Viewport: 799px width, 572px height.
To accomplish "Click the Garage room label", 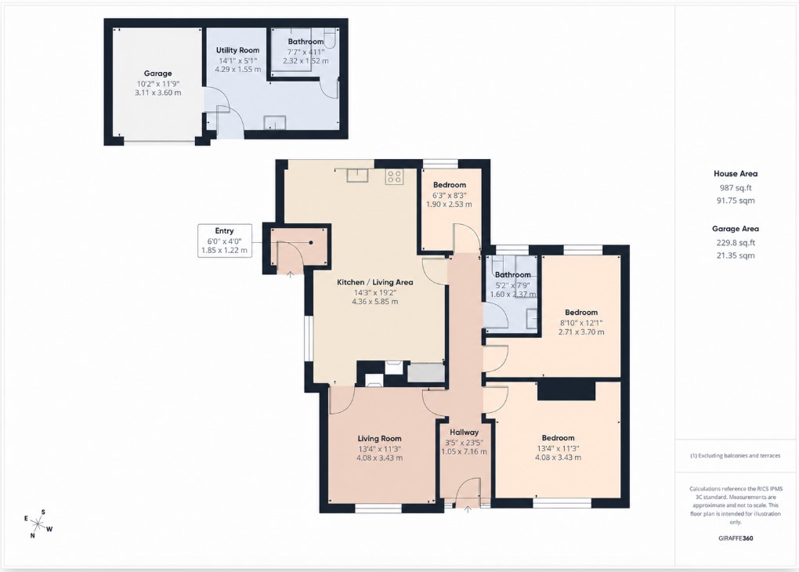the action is click(158, 74).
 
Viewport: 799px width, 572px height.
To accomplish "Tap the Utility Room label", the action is click(237, 50).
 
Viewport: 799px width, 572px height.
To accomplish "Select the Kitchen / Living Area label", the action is click(375, 282).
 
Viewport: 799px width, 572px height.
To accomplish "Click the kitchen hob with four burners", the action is click(394, 176).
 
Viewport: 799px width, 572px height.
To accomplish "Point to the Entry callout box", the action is click(225, 240).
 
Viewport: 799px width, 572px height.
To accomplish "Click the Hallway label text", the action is click(465, 433).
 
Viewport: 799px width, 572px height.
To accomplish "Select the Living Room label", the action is click(380, 439).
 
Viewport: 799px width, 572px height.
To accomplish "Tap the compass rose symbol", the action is click(38, 523).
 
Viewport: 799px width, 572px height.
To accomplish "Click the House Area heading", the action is click(736, 174).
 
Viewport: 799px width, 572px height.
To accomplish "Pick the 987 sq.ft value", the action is click(736, 187).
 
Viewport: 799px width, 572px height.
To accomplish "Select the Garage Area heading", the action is click(736, 229).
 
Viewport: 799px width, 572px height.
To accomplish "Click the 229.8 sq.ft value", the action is click(736, 243).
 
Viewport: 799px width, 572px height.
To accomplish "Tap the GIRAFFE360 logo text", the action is click(736, 538).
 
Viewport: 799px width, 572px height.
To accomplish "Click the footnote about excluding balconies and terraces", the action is click(736, 456).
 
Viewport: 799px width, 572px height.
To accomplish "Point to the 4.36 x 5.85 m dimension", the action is click(375, 302).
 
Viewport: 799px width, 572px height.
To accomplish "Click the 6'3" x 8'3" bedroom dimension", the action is click(450, 195).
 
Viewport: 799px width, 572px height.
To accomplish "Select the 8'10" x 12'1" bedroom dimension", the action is click(581, 323).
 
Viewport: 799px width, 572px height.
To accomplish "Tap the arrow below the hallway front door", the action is click(468, 508).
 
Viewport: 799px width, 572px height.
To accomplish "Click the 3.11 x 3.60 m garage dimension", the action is click(158, 92).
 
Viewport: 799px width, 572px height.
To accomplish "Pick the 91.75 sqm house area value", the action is click(736, 201).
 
